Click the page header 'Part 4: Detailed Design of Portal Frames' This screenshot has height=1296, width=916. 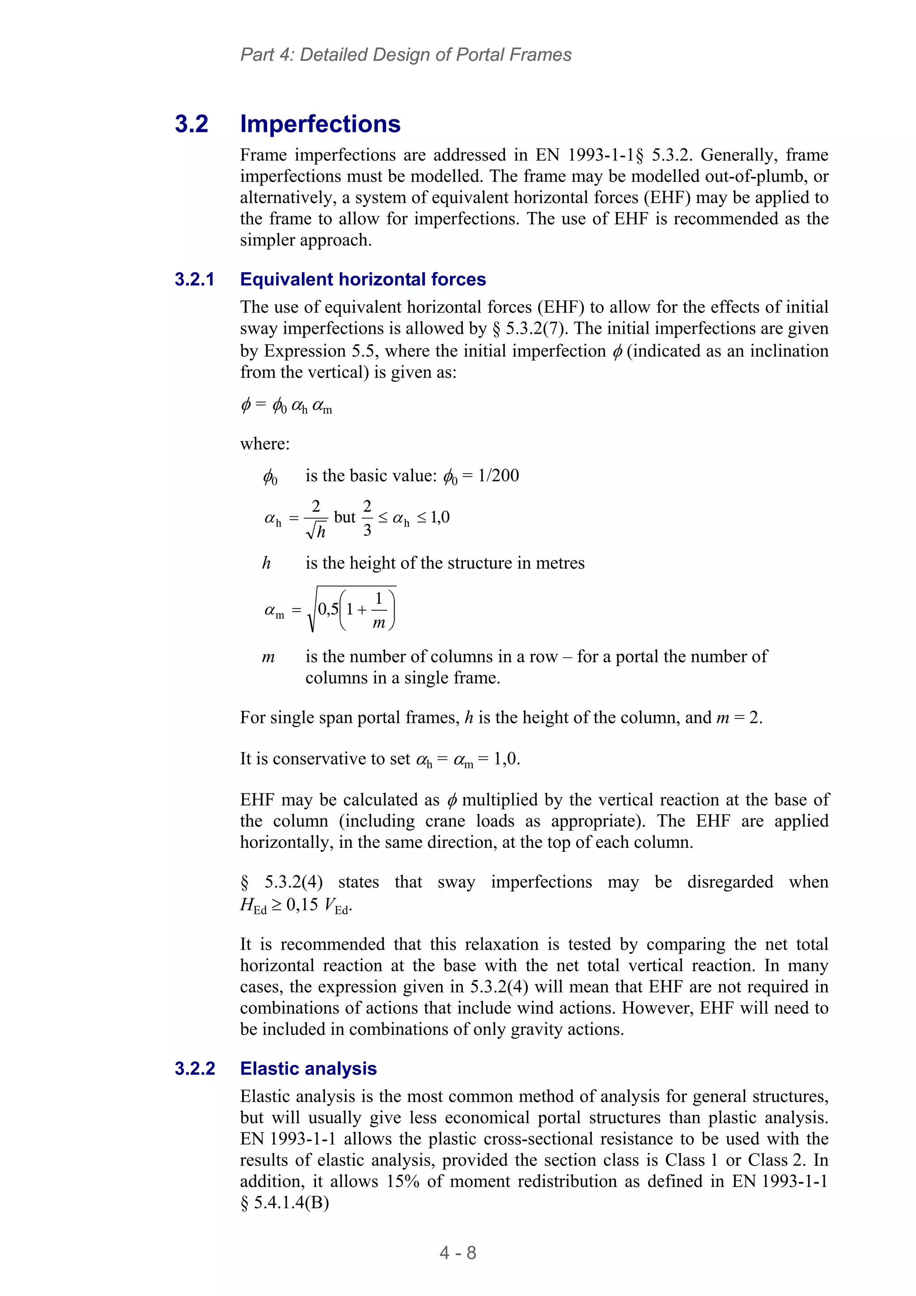406,55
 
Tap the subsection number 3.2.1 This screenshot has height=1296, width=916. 195,280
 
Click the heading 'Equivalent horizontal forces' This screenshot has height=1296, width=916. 363,280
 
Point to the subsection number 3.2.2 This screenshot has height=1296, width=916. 195,1069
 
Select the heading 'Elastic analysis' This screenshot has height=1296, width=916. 308,1069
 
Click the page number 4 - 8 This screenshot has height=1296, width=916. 458,1253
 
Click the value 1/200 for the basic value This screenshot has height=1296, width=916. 498,476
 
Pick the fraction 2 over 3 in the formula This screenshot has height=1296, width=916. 367,518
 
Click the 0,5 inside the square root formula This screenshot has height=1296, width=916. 328,609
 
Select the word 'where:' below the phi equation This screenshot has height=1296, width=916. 265,444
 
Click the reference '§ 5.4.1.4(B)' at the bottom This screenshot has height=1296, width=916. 284,1203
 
